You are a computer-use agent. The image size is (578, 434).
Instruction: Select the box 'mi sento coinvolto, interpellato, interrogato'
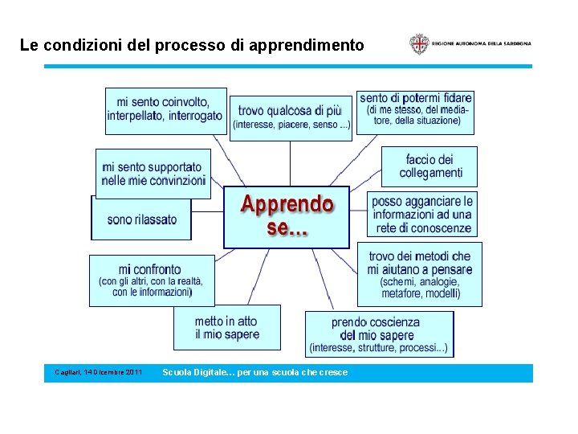165,110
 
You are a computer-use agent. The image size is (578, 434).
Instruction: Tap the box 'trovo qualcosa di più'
291,117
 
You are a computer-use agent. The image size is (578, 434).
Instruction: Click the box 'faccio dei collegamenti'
429,166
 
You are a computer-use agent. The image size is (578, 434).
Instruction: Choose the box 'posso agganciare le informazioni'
422,214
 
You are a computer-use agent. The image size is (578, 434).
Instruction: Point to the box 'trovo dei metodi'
420,274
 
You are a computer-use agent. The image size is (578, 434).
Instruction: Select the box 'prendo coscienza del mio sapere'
379,334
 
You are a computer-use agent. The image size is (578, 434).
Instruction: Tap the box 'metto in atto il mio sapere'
227,327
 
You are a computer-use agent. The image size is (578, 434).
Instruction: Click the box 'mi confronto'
152,280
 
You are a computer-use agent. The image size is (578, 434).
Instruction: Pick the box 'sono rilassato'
141,219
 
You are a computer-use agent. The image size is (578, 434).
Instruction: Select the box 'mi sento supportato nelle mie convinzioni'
153,174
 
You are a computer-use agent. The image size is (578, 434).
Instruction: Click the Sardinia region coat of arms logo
418,43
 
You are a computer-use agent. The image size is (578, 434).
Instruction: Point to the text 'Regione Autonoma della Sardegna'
481,43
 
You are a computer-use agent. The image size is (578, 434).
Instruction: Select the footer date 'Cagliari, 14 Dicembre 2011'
98,373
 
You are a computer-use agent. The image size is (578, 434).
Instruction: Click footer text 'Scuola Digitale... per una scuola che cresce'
254,373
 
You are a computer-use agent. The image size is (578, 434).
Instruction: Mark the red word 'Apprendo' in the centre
287,204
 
